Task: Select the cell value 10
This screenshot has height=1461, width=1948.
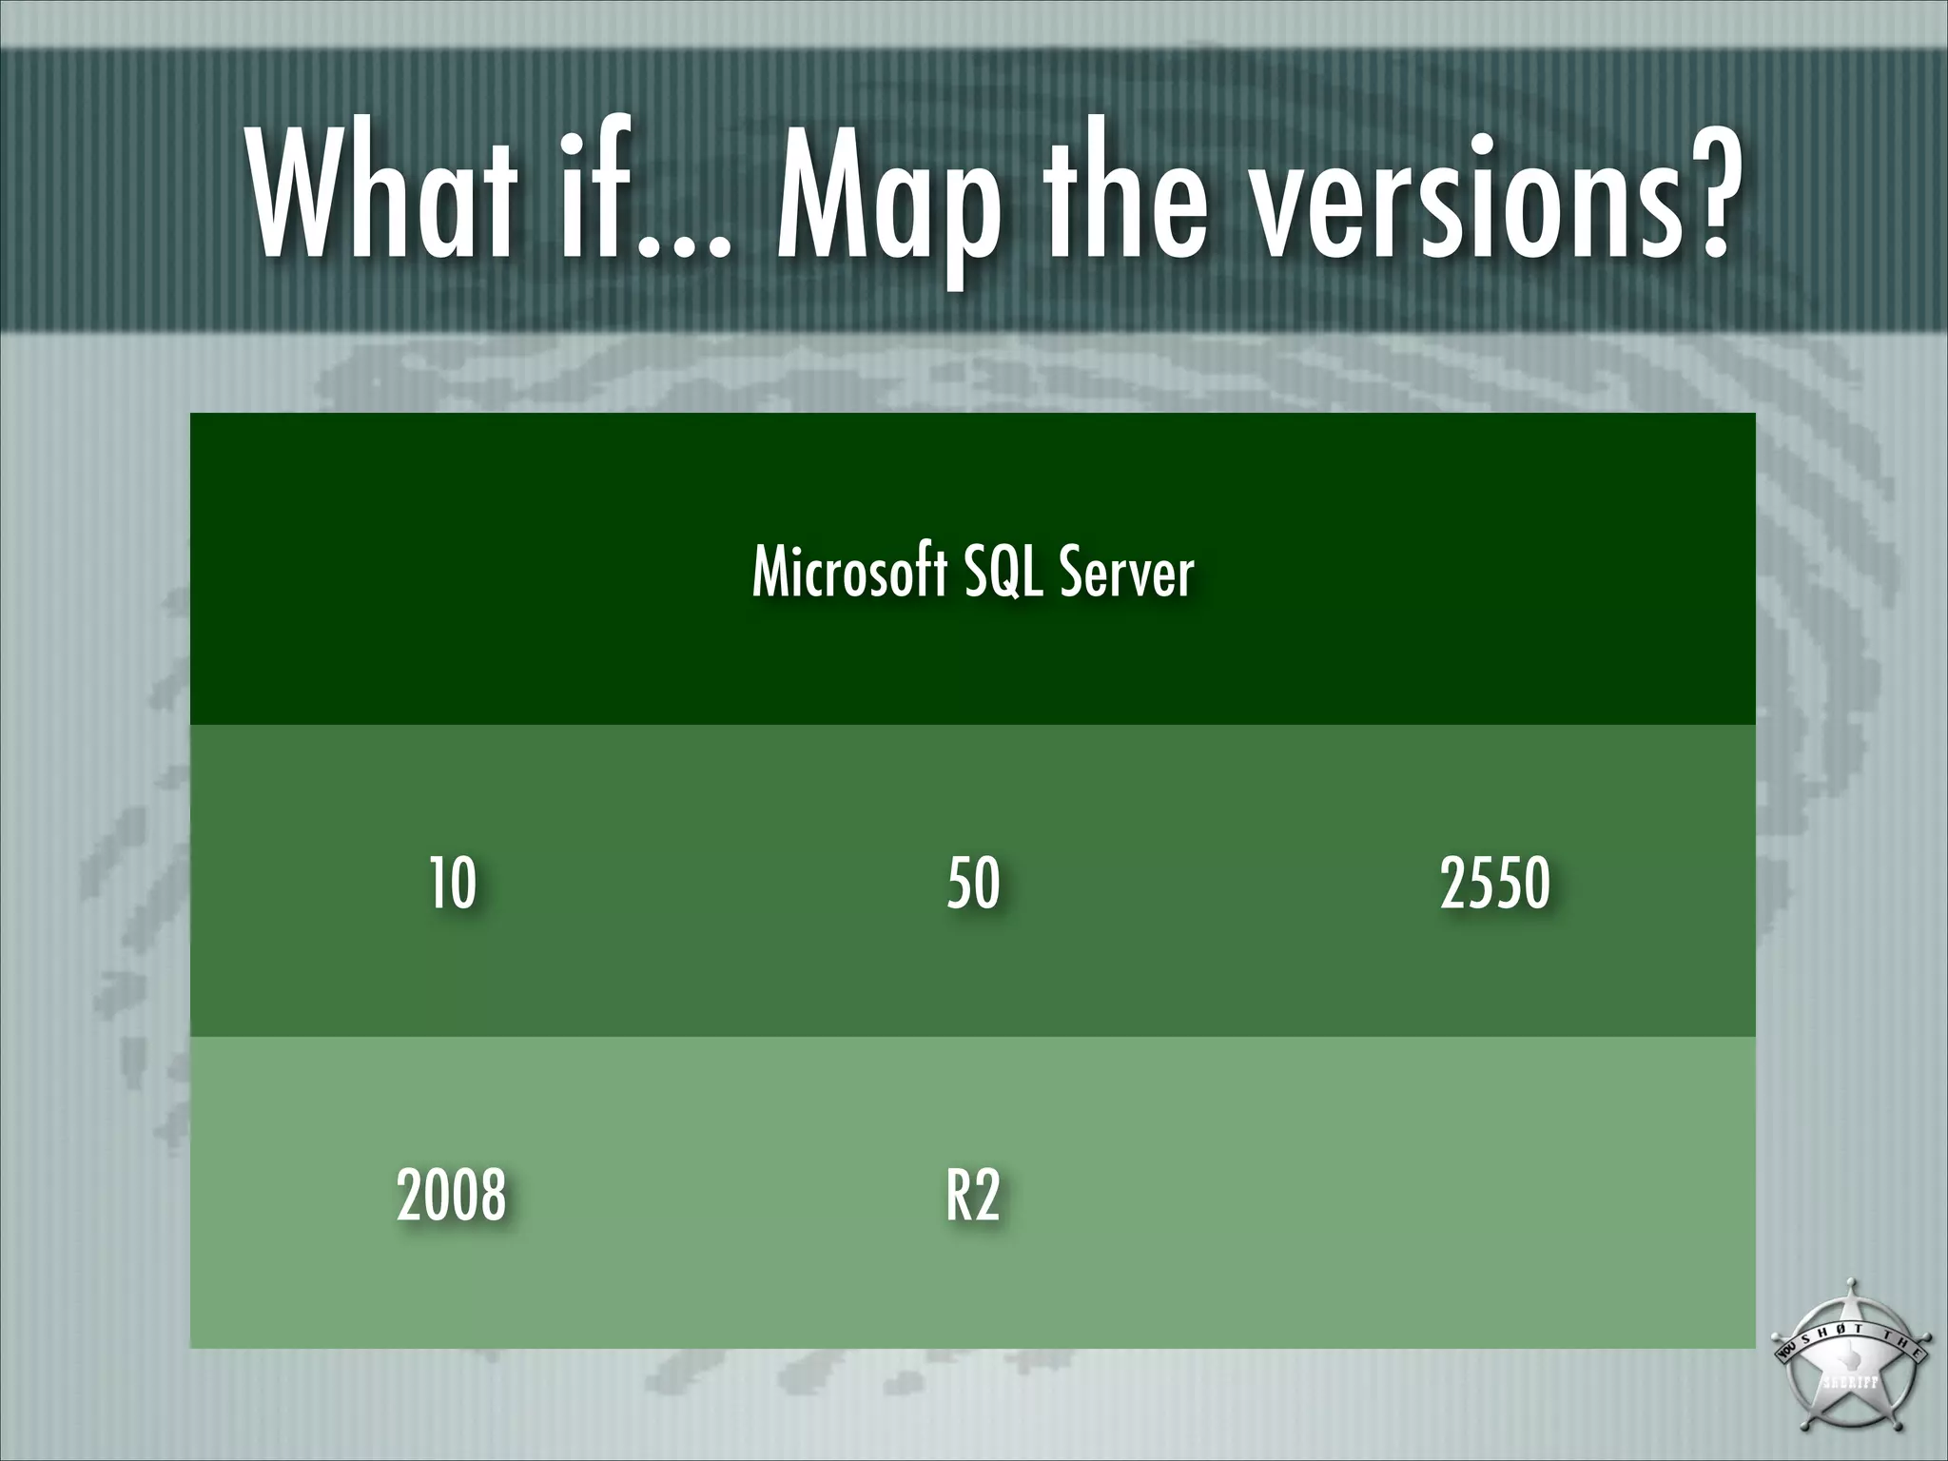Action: (452, 883)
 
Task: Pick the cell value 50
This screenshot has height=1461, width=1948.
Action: (973, 883)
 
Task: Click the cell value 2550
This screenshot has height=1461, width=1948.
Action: (1494, 883)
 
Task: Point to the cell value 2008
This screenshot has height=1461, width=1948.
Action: (451, 1195)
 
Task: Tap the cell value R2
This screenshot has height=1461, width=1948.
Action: (973, 1195)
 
